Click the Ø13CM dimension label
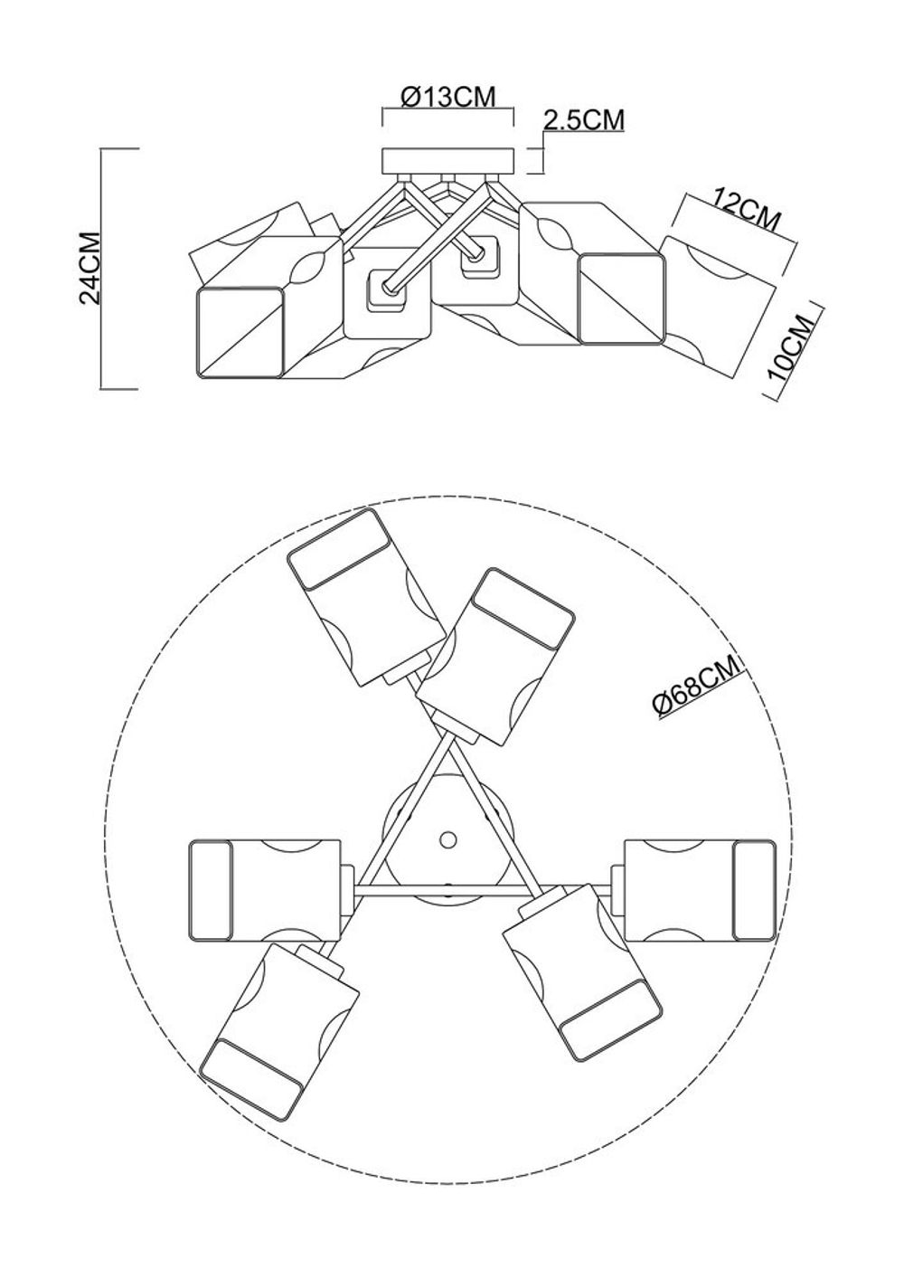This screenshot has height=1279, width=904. click(447, 97)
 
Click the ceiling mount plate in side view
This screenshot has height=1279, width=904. click(448, 160)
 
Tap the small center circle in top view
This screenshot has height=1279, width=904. click(447, 840)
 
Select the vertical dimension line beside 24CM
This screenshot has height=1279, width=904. click(101, 268)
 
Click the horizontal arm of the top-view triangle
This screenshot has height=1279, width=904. click(447, 894)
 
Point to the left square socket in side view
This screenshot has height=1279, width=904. click(383, 289)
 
